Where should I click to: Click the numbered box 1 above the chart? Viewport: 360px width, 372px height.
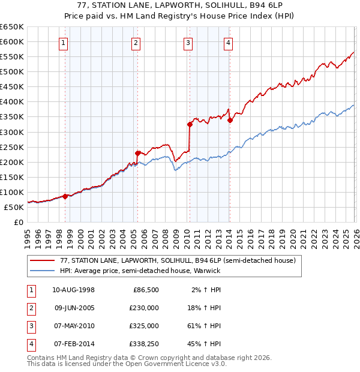click(64, 43)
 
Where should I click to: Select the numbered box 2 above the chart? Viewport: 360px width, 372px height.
click(136, 43)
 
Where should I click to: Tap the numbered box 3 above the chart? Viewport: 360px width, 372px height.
click(188, 43)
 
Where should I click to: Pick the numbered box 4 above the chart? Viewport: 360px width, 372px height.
click(229, 43)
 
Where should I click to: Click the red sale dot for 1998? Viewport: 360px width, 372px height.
click(65, 196)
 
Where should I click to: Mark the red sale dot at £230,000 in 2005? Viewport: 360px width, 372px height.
click(137, 153)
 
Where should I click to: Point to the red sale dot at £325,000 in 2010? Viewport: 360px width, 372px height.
click(190, 124)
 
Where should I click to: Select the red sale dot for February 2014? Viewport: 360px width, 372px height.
click(230, 120)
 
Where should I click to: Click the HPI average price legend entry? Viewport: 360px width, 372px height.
click(140, 271)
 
